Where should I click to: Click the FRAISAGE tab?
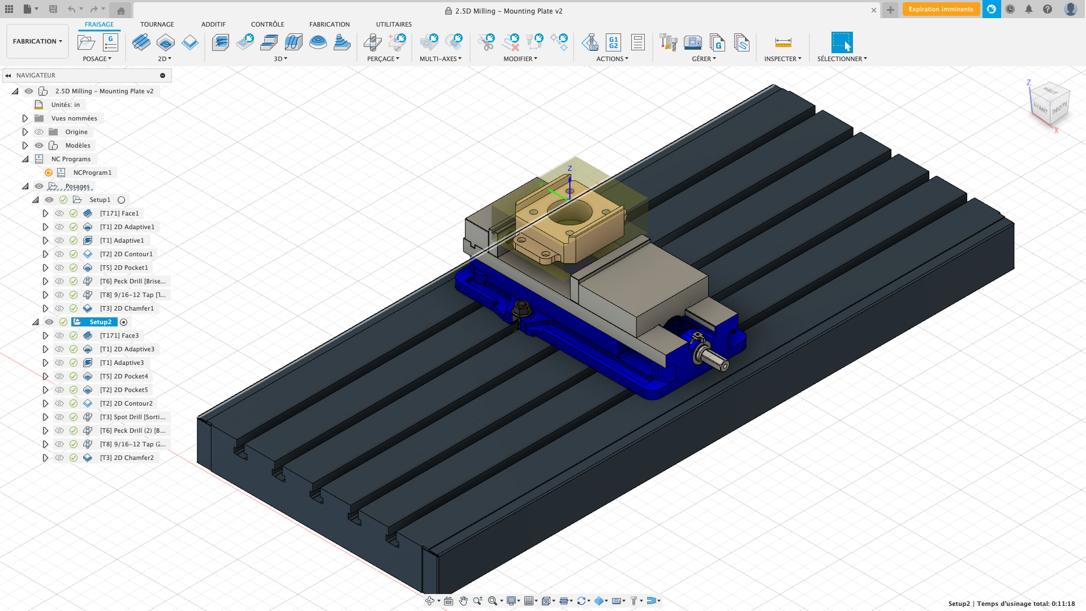coord(99,24)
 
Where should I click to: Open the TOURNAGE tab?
coord(157,24)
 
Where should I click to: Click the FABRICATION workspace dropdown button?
coord(37,41)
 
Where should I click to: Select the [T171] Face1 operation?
coord(119,213)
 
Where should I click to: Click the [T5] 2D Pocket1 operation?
coord(123,268)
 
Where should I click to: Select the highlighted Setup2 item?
coord(100,322)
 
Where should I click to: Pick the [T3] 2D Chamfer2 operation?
coord(126,458)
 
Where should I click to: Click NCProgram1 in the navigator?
coord(92,173)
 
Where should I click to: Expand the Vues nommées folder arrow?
coord(25,118)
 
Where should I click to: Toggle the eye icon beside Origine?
coord(39,132)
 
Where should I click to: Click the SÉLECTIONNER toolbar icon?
coord(841,42)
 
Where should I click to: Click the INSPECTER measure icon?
coord(783,42)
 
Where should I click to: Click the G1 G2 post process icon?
coord(613,42)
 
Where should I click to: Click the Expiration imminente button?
coord(941,9)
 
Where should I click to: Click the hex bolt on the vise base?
coord(521,309)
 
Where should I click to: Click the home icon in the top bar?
coord(120,10)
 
